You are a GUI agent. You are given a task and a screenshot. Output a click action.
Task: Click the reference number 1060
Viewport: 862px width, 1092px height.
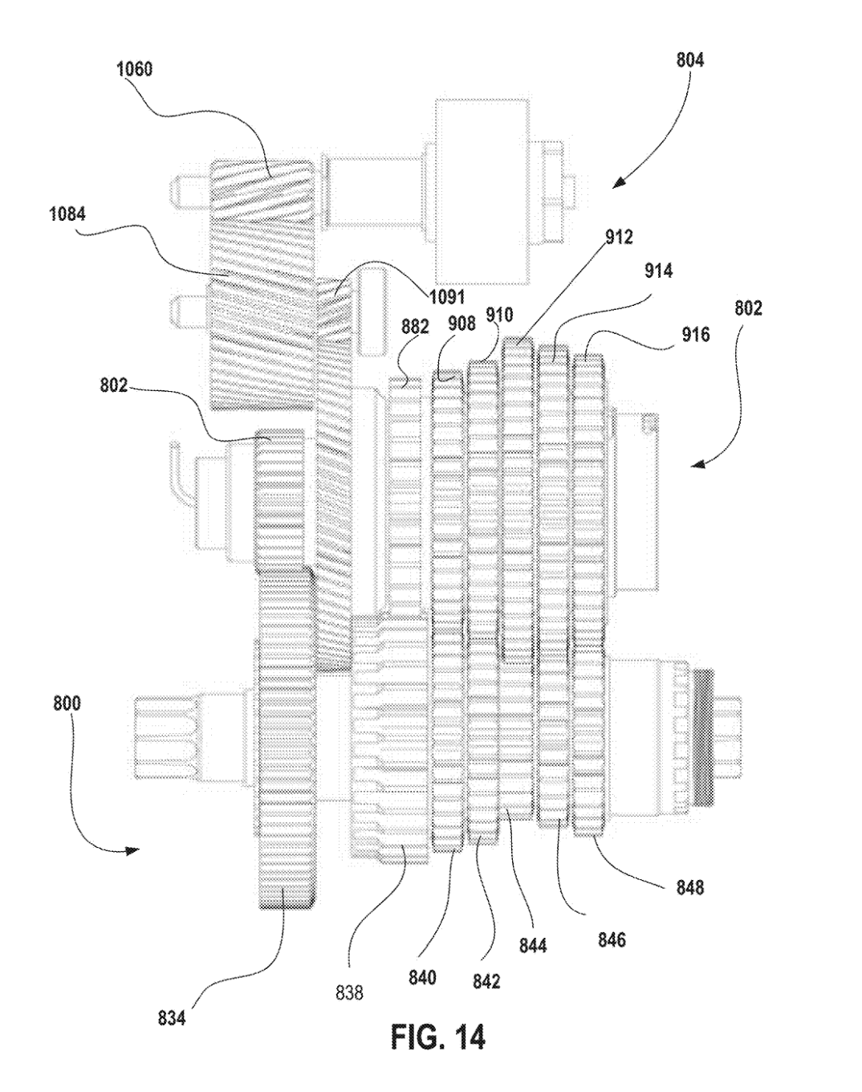coord(135,69)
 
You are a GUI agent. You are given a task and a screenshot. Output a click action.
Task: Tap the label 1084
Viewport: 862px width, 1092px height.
coord(67,214)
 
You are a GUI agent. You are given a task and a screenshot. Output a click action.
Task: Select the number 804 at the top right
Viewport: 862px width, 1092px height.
coord(690,60)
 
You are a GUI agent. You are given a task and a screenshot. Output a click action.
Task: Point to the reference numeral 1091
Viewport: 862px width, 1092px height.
coord(446,297)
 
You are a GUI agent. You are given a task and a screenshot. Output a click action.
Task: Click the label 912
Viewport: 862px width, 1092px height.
coord(619,236)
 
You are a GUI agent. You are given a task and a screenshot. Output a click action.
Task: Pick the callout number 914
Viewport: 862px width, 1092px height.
coord(659,271)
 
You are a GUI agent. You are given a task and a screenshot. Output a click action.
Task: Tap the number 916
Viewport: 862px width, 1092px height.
coord(695,334)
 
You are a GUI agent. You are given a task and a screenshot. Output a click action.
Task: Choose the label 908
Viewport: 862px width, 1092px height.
coord(461,323)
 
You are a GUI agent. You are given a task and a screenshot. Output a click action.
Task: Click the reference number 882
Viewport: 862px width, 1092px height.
coord(415,327)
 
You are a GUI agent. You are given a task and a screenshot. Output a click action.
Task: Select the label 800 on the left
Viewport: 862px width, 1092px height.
coord(67,703)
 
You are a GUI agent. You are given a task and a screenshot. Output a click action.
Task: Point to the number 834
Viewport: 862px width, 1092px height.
coord(172,1017)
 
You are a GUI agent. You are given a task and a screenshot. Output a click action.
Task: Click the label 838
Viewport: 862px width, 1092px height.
coord(349,992)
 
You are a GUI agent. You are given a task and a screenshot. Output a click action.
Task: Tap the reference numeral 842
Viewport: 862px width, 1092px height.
coord(486,981)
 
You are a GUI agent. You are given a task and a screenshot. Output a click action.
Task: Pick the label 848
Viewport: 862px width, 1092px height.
coord(690,887)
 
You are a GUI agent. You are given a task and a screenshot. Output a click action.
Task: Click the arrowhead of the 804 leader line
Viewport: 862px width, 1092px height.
coord(619,184)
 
